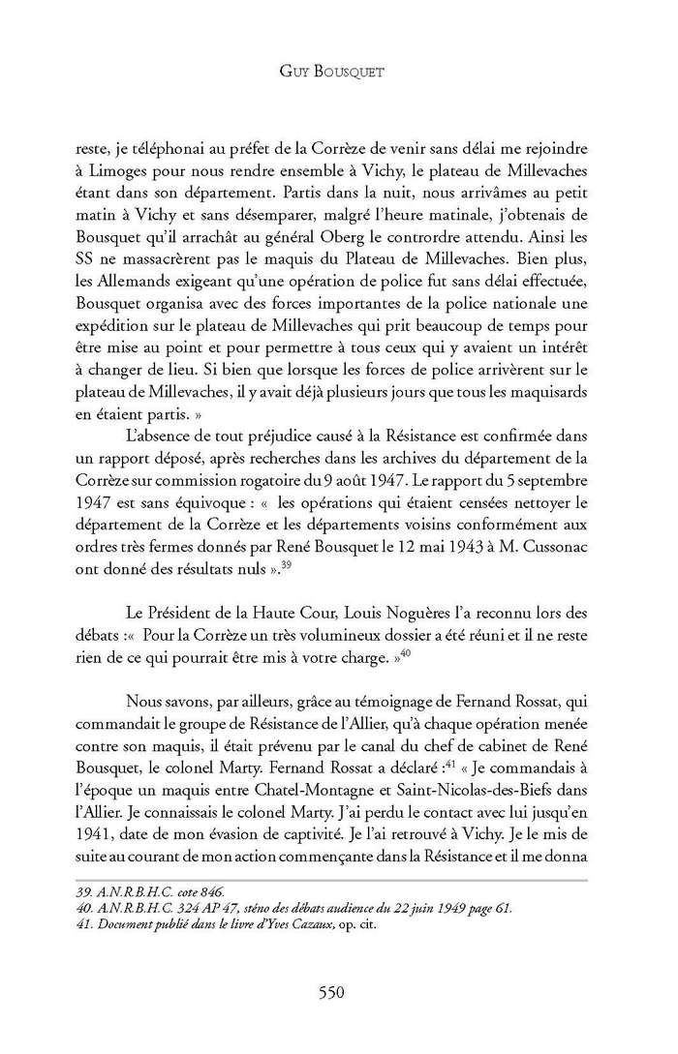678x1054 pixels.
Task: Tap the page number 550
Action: coord(338,990)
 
